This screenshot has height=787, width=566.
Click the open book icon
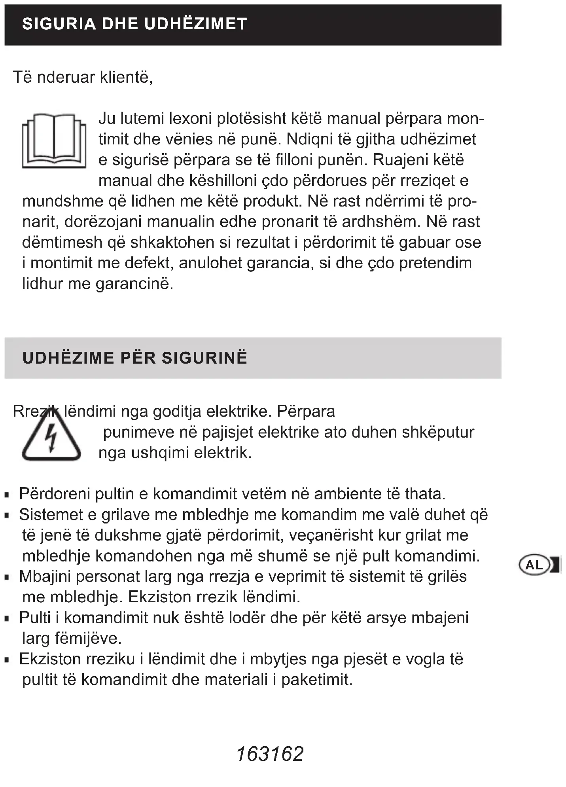(54, 141)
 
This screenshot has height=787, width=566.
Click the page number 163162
(270, 754)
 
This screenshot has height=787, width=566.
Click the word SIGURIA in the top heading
(59, 24)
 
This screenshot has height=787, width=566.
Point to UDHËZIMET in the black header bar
(196, 24)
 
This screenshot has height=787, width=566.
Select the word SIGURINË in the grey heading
(204, 358)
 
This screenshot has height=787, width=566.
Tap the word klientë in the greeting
(126, 77)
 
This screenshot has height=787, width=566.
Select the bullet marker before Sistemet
(7, 516)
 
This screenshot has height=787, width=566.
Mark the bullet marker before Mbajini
(7, 577)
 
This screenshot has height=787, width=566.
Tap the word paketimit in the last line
(316, 680)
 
